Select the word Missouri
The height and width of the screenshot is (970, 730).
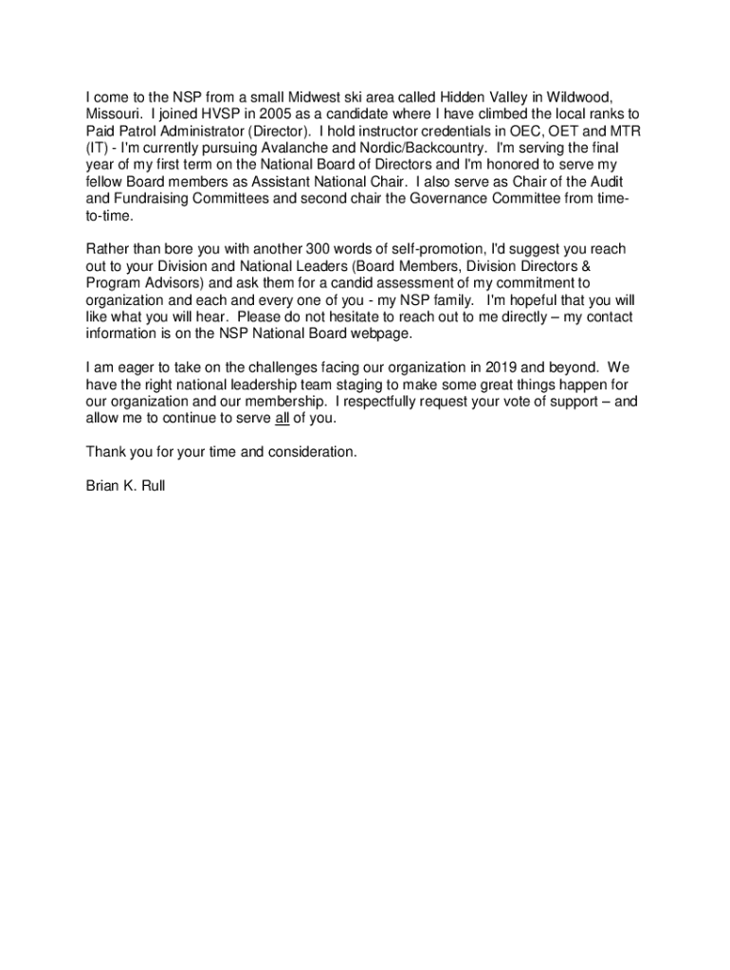pos(112,114)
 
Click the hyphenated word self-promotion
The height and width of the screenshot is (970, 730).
pos(431,249)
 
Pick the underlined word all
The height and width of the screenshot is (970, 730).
pos(282,418)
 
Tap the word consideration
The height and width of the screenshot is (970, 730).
pos(311,452)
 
